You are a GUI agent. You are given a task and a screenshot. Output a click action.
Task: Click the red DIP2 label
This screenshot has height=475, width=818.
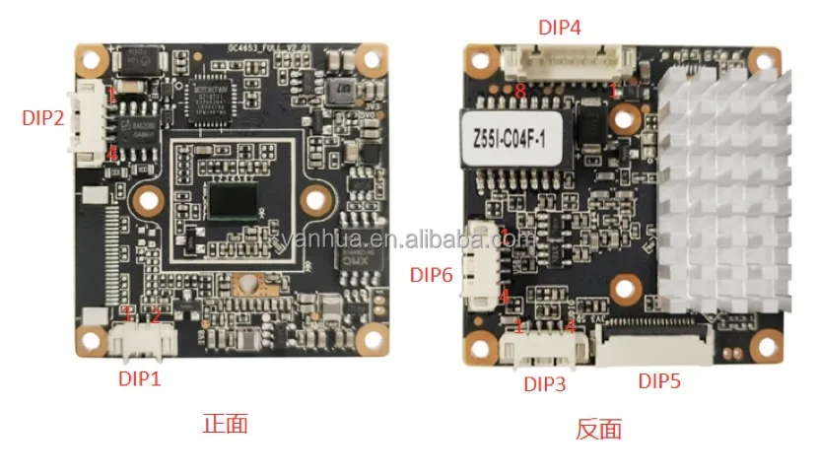pyautogui.click(x=43, y=117)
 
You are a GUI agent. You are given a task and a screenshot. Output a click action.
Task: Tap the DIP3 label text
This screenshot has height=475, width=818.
pyautogui.click(x=545, y=384)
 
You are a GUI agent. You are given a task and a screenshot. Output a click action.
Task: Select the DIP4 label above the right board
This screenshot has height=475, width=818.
pyautogui.click(x=560, y=27)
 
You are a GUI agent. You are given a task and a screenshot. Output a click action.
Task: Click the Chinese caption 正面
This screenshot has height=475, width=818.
pyautogui.click(x=224, y=424)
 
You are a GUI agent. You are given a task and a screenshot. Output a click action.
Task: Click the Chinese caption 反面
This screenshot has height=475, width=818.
pyautogui.click(x=597, y=429)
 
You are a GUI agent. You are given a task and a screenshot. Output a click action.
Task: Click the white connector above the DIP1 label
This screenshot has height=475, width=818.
pyautogui.click(x=144, y=339)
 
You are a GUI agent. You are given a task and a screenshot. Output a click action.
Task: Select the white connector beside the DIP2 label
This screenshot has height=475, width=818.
pyautogui.click(x=85, y=119)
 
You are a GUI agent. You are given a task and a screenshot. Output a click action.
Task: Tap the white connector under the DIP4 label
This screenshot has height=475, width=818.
pyautogui.click(x=565, y=65)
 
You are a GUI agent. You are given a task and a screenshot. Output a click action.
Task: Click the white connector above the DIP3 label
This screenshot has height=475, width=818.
pyautogui.click(x=540, y=345)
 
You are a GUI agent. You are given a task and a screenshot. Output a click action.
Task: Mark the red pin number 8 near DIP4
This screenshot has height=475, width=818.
pyautogui.click(x=519, y=91)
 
